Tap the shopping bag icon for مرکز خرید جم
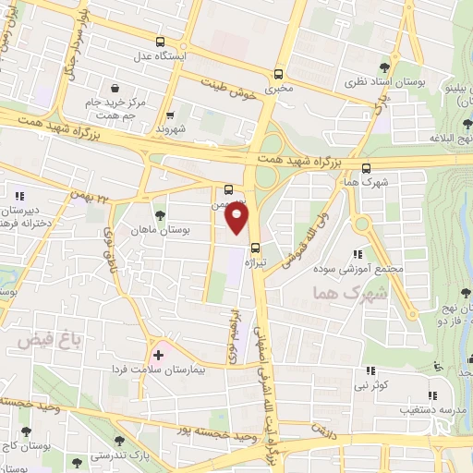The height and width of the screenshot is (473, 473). click(x=139, y=88)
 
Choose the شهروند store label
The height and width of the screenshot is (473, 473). click(x=170, y=129)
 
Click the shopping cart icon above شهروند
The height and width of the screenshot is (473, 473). click(x=170, y=115)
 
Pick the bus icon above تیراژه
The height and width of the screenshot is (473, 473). click(x=256, y=247)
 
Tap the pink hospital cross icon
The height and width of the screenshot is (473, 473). click(x=158, y=354)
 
